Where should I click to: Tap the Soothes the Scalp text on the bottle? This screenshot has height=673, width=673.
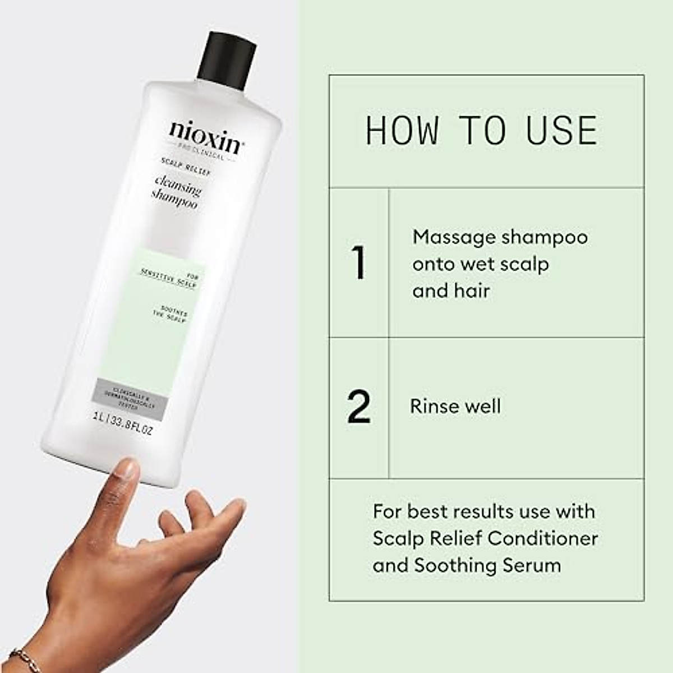(x=170, y=314)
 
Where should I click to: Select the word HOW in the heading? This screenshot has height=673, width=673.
(x=402, y=131)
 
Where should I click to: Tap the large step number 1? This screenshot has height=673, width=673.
(x=358, y=262)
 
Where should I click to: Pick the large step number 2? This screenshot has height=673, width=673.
(x=359, y=407)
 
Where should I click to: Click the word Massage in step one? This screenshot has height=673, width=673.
(x=454, y=238)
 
